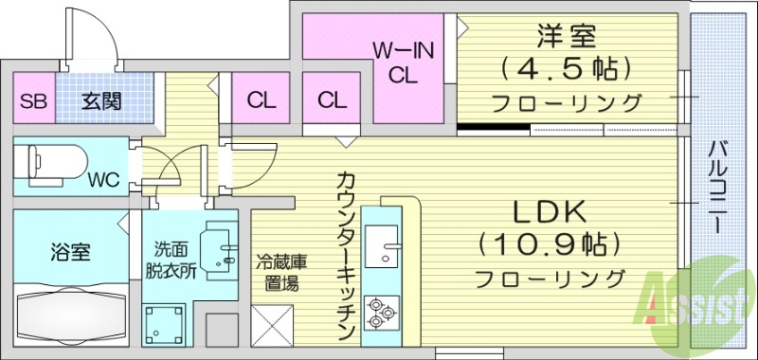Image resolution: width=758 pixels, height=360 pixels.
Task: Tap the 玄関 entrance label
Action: tap(100, 100)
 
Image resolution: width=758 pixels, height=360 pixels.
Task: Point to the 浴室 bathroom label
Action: tap(69, 253)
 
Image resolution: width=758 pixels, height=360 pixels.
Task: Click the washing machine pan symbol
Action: tap(163, 322)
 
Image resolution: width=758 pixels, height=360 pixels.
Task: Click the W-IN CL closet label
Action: tap(403, 63)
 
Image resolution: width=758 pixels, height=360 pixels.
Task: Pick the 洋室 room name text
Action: tap(566, 38)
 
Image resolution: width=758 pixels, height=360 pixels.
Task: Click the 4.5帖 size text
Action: tap(566, 69)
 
